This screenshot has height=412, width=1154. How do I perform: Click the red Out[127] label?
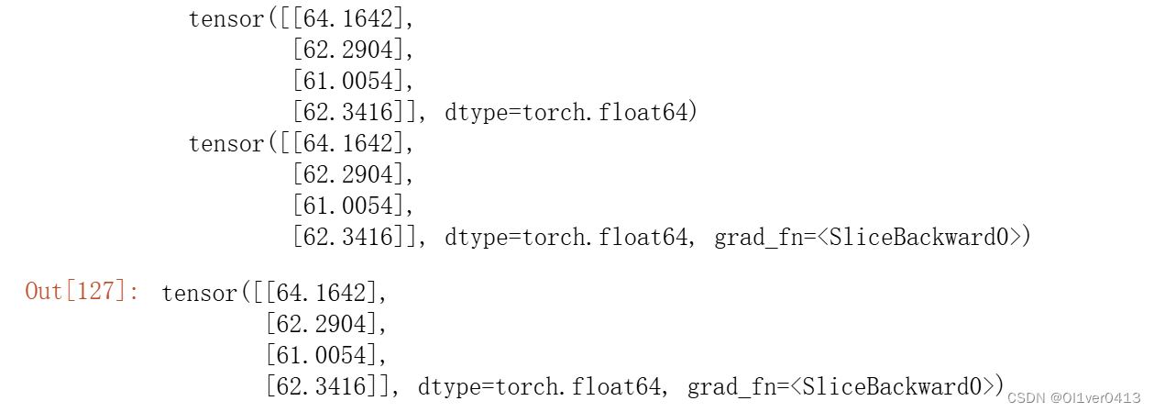pyautogui.click(x=82, y=293)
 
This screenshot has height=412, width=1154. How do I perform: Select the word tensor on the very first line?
pyautogui.click(x=225, y=18)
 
